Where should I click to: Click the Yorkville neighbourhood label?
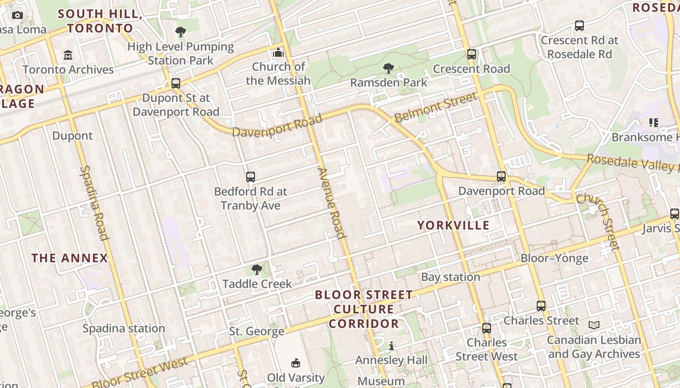point(453,225)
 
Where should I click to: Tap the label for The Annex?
point(70,258)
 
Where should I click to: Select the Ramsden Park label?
point(389,82)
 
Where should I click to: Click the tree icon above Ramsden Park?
point(388,68)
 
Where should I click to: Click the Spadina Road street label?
point(93,203)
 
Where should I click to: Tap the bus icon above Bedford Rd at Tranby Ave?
point(251,177)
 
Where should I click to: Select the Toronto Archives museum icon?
point(68,55)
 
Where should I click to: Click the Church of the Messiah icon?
point(278,52)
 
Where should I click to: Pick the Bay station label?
point(450,277)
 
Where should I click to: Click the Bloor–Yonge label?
point(554,258)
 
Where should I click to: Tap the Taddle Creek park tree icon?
point(257,270)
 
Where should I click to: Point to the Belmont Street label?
point(436,107)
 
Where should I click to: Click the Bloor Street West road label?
point(139,373)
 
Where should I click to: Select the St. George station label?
point(256,332)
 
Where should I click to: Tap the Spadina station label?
point(123,328)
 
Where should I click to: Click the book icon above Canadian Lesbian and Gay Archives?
point(594,325)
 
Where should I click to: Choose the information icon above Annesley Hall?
point(391,346)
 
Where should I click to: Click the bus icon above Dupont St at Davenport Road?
point(176,83)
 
